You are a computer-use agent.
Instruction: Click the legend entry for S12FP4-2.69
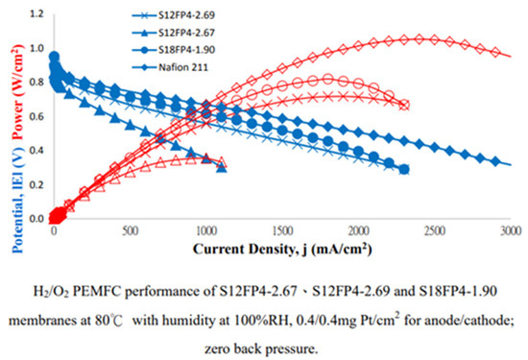coord(173,15)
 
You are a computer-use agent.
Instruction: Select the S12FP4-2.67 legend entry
coord(173,33)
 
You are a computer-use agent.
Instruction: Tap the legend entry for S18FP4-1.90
coord(173,50)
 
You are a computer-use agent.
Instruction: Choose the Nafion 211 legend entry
coord(170,67)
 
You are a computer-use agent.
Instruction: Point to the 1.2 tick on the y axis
coord(37,13)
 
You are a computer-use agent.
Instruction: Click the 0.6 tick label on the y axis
coord(37,116)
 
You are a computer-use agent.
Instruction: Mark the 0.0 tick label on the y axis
coord(37,219)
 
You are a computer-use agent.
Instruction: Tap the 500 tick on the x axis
coord(130,231)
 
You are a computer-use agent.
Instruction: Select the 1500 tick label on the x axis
coord(282,231)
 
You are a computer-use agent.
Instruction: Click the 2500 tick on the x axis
coord(435,231)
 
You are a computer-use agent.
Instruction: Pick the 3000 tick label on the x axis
coord(511,231)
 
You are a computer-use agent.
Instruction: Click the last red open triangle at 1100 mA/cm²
coord(221,161)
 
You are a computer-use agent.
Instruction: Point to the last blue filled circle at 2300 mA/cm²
coord(404,169)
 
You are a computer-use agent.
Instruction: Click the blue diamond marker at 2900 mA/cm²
coord(495,161)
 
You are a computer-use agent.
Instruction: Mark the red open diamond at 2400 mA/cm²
coord(420,39)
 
